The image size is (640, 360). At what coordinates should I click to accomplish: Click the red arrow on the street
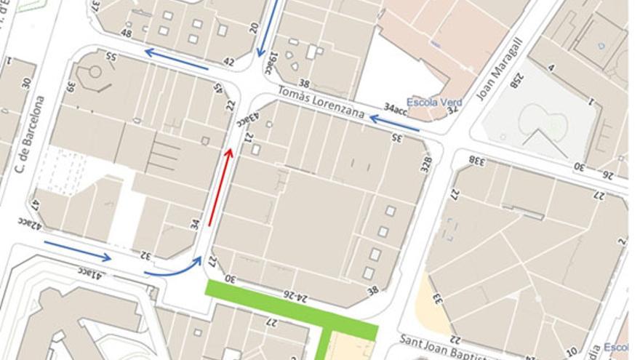click(220, 187)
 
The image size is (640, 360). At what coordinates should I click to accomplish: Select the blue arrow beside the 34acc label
click(394, 123)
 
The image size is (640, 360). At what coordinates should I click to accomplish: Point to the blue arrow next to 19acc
click(267, 29)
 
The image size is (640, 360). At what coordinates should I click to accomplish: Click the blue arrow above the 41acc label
click(76, 251)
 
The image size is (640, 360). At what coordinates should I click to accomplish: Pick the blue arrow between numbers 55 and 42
click(177, 59)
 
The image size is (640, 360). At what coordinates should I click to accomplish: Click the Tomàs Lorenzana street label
click(321, 102)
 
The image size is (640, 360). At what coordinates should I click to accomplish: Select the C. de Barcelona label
click(30, 135)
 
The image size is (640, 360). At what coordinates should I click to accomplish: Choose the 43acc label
click(249, 118)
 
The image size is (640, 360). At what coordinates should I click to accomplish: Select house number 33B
click(477, 159)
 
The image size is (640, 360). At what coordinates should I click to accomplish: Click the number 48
click(126, 33)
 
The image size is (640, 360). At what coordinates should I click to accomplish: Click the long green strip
click(291, 309)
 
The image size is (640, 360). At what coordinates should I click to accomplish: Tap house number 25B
click(514, 79)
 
